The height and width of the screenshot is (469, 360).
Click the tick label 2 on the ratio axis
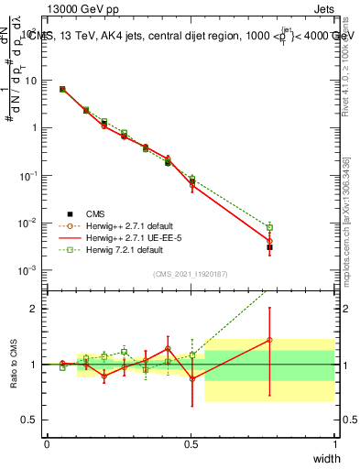tap(32, 309)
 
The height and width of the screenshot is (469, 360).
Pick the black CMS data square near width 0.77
tap(269, 247)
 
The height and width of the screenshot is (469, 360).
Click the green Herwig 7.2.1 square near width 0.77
tap(269, 227)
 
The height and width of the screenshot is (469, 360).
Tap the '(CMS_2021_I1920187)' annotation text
tap(191, 273)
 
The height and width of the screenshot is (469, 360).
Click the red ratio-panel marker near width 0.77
tap(269, 340)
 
